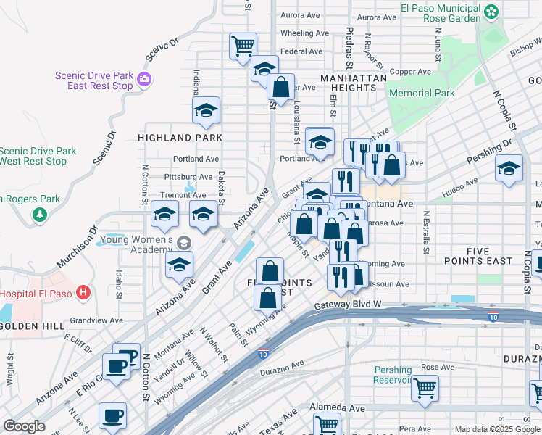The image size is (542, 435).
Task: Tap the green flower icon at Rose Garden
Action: [491, 11]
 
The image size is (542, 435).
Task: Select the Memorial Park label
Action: [422, 93]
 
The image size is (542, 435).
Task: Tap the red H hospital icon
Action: [84, 294]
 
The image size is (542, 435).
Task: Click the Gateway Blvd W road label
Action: [348, 306]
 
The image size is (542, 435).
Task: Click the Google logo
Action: [23, 426]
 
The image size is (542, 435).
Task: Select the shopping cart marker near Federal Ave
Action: [243, 45]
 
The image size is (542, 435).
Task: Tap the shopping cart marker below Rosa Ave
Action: [424, 387]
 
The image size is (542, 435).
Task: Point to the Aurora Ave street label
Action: [300, 14]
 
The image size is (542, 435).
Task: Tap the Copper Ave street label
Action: [410, 72]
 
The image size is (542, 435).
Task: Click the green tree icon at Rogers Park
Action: [39, 215]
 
